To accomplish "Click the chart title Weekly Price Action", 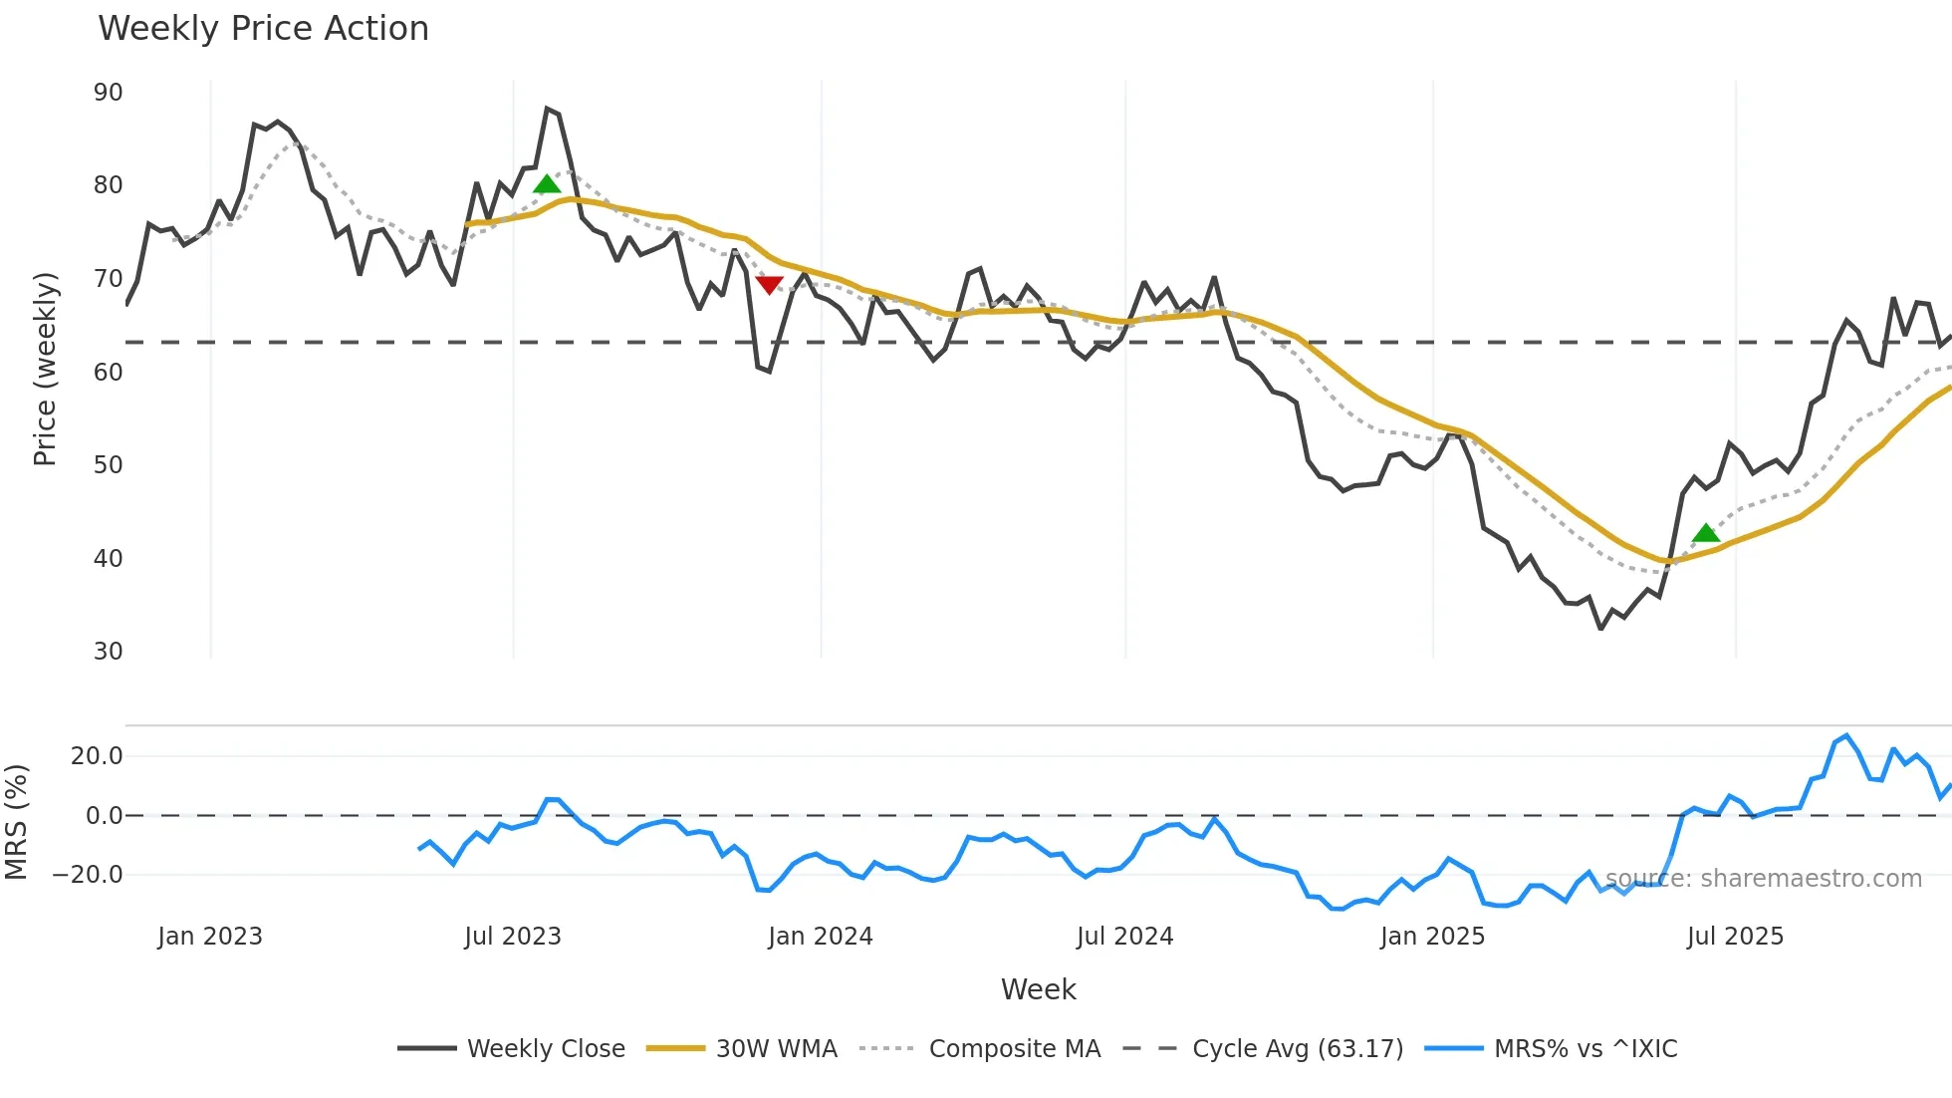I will (263, 29).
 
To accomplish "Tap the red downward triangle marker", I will (769, 286).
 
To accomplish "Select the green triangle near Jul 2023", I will (547, 184).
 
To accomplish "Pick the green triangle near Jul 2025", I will (1706, 533).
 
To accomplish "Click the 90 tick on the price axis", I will (108, 93).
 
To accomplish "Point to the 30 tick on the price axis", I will (108, 652).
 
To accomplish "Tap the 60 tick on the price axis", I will (108, 373).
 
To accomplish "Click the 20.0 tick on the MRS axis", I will (97, 756).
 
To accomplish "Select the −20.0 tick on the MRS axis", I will (88, 875).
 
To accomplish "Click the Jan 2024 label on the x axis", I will (820, 937).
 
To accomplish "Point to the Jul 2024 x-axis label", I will (1124, 937).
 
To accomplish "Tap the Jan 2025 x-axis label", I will (1432, 937).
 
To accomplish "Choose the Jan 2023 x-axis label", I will (210, 937).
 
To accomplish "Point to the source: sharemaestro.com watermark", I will (1763, 879).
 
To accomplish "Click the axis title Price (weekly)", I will (45, 369).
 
